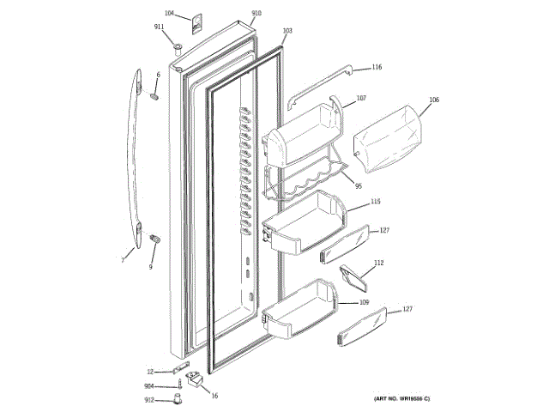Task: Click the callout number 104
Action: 168,15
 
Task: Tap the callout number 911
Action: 160,27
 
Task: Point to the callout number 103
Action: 287,31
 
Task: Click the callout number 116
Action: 377,67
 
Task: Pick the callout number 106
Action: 434,100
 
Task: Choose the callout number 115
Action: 376,202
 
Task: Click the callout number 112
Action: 378,263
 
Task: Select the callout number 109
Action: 364,303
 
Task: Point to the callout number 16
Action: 214,396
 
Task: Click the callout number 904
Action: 149,386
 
